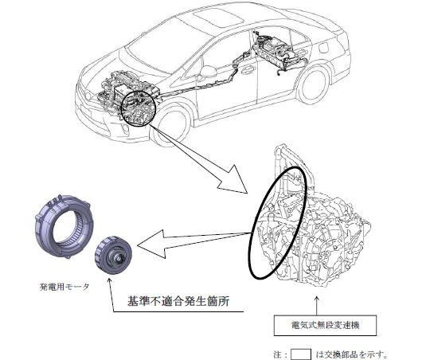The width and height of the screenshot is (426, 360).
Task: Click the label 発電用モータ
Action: pyautogui.click(x=64, y=287)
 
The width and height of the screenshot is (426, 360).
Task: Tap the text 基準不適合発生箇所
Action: pyautogui.click(x=178, y=301)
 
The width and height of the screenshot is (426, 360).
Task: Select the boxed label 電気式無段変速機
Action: pyautogui.click(x=325, y=325)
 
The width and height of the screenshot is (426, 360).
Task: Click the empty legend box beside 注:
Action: pyautogui.click(x=301, y=354)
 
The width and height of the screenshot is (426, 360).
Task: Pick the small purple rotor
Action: pyautogui.click(x=113, y=255)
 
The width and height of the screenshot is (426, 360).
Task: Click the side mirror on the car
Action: pyautogui.click(x=208, y=71)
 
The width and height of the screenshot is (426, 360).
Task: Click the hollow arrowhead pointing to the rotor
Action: pyautogui.click(x=151, y=245)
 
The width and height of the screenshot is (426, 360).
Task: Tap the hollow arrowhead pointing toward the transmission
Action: pyautogui.click(x=234, y=180)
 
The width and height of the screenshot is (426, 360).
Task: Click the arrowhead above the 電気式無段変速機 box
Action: pyautogui.click(x=316, y=299)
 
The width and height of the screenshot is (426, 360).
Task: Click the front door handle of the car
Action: pyautogui.click(x=247, y=70)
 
